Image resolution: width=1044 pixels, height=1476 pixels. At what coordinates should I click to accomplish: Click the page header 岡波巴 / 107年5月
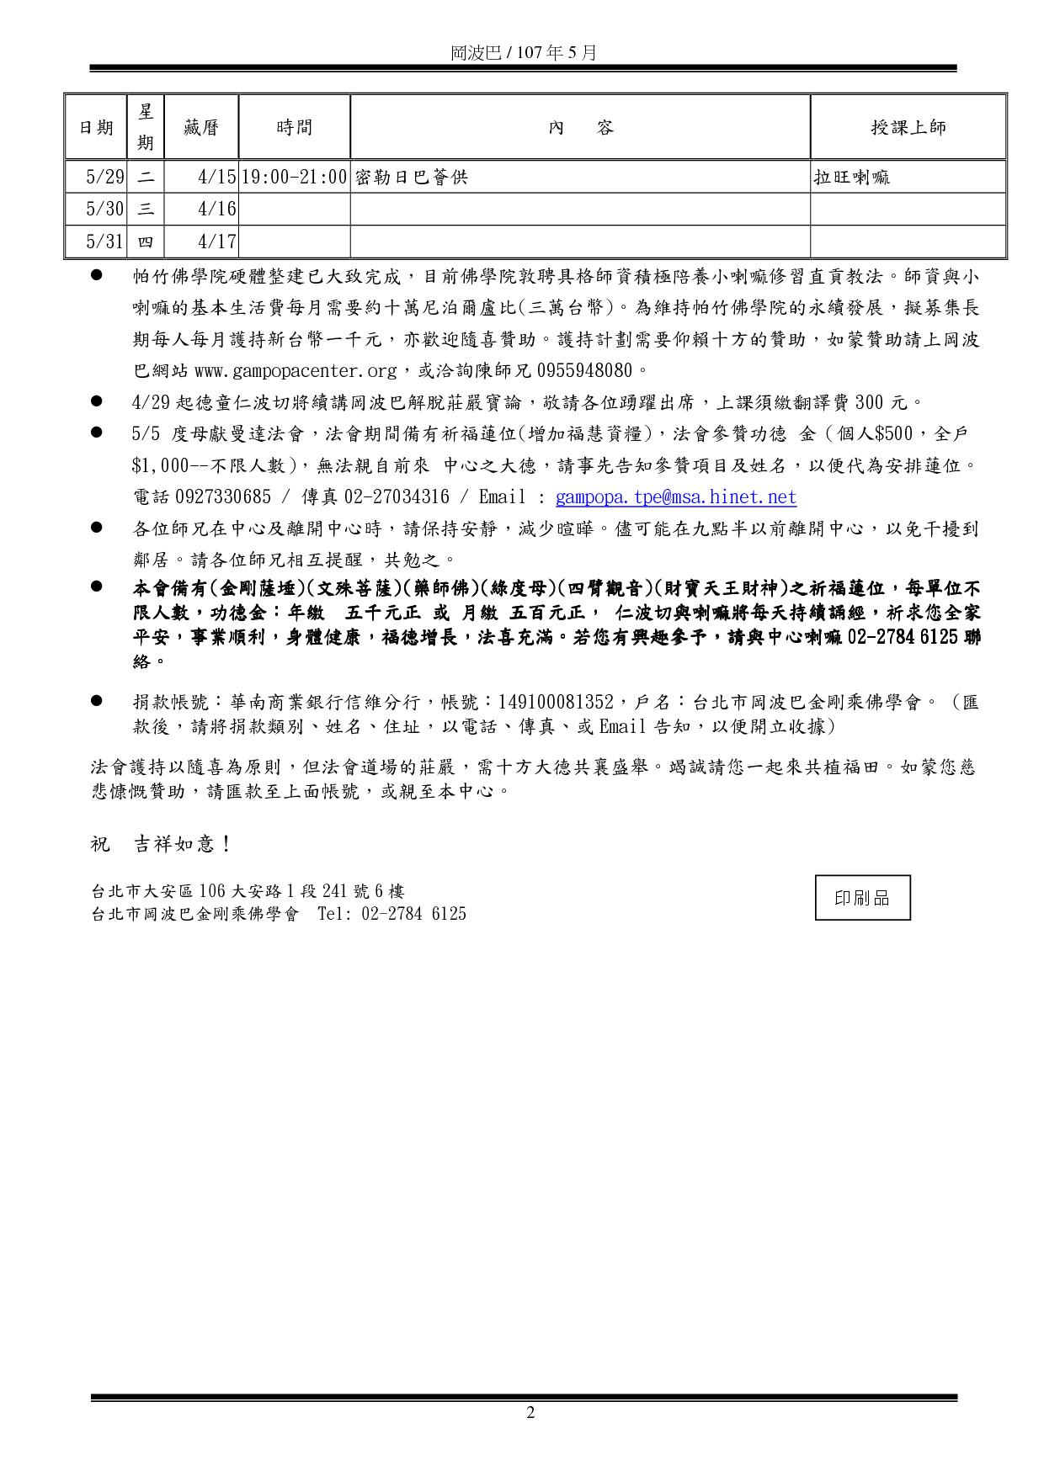[523, 52]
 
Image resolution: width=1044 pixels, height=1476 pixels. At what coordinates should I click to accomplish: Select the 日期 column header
[96, 127]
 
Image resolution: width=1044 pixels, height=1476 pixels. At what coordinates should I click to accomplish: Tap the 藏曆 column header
[201, 127]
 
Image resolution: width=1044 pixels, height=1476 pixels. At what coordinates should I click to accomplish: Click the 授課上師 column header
[908, 127]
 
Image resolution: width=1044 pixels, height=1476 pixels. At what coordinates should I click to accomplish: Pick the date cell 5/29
[105, 177]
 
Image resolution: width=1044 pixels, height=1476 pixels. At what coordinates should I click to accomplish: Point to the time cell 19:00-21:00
[294, 177]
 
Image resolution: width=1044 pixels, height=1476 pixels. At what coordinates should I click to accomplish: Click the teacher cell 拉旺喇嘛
[852, 177]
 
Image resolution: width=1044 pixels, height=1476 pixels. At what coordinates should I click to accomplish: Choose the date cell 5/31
[105, 242]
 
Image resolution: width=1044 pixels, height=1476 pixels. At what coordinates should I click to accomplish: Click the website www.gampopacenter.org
[295, 370]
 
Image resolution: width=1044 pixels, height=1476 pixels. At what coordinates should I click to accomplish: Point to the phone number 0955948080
[583, 370]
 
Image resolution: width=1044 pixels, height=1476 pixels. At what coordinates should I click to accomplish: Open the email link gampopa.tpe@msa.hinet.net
[675, 497]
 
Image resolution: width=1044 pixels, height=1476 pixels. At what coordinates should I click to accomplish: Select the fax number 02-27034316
[397, 497]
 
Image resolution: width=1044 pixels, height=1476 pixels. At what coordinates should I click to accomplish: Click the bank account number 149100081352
[556, 702]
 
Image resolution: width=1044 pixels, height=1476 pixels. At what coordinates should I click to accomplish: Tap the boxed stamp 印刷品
[862, 898]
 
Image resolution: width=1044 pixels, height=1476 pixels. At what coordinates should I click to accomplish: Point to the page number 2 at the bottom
[530, 1412]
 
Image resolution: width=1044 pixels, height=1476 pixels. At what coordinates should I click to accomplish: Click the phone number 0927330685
[223, 497]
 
